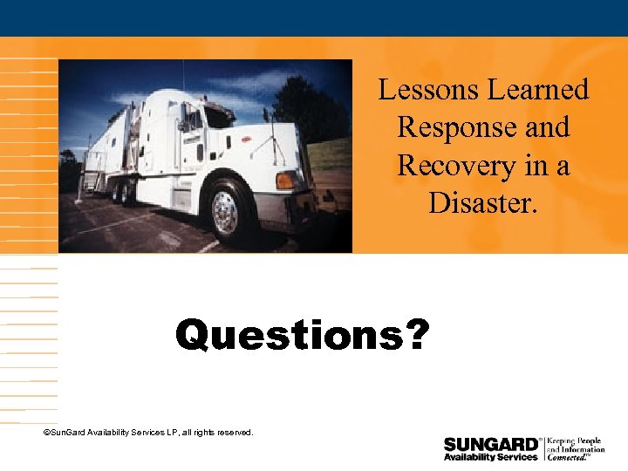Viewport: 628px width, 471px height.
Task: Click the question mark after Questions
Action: tap(418, 334)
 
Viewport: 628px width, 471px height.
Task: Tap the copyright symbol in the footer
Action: tap(46, 433)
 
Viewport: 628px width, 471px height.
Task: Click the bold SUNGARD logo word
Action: tap(490, 443)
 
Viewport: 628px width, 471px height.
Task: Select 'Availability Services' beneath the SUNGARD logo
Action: tap(490, 457)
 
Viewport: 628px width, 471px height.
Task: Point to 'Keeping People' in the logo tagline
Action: tap(575, 440)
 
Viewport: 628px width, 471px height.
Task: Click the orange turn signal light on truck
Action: tap(285, 181)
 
